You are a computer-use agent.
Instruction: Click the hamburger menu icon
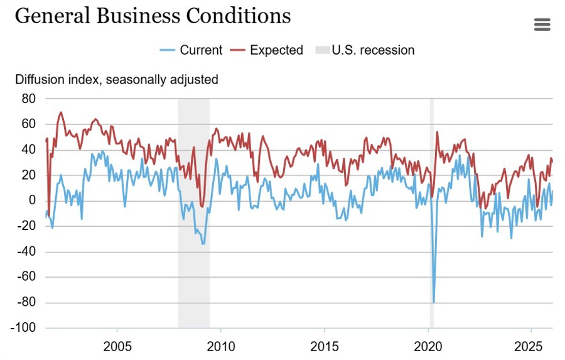click(x=542, y=25)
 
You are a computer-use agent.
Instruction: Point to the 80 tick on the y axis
click(x=29, y=99)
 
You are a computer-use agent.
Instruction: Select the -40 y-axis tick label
click(x=26, y=251)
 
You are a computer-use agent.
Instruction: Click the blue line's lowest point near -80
click(x=434, y=302)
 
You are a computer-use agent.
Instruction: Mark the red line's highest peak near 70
click(x=61, y=112)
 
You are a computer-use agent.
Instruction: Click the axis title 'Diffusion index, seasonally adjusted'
click(x=116, y=80)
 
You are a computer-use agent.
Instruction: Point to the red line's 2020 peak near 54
click(x=437, y=132)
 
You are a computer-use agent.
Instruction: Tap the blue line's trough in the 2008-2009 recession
click(x=203, y=243)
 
